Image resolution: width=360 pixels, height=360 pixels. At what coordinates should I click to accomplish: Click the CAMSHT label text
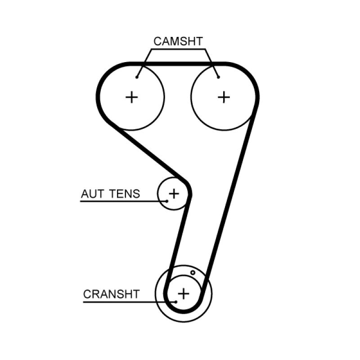point(178,41)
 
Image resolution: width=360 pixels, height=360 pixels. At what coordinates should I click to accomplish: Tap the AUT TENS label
point(110,194)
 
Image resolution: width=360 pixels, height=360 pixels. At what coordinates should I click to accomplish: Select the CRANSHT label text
point(111,294)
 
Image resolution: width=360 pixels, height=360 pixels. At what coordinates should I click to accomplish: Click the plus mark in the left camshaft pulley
point(132,97)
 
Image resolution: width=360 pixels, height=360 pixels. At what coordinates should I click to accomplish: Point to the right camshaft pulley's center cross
point(224,97)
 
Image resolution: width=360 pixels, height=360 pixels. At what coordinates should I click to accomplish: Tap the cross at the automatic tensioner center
point(173,194)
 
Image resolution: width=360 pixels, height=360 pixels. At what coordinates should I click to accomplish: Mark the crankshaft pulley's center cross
point(183,293)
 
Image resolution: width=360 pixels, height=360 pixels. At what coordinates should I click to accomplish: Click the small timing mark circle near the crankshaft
point(193,272)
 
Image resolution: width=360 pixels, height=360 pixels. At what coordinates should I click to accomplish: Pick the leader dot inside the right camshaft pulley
point(218,77)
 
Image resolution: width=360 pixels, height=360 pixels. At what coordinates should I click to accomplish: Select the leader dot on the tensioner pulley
point(167,201)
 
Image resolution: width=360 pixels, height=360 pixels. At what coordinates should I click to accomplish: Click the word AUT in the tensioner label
point(90,194)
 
